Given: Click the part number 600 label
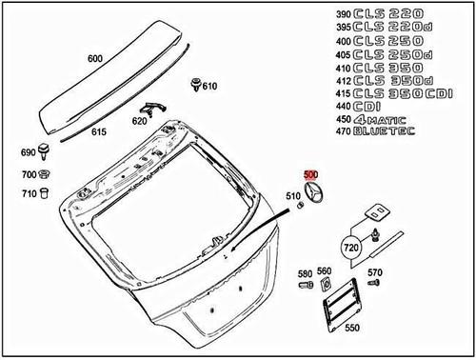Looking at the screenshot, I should (x=94, y=58).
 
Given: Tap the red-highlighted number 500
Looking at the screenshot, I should (x=311, y=175).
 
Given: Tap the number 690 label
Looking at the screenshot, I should (x=28, y=153).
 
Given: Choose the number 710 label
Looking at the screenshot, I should (x=28, y=194).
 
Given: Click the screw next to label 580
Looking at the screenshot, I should (x=306, y=287).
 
